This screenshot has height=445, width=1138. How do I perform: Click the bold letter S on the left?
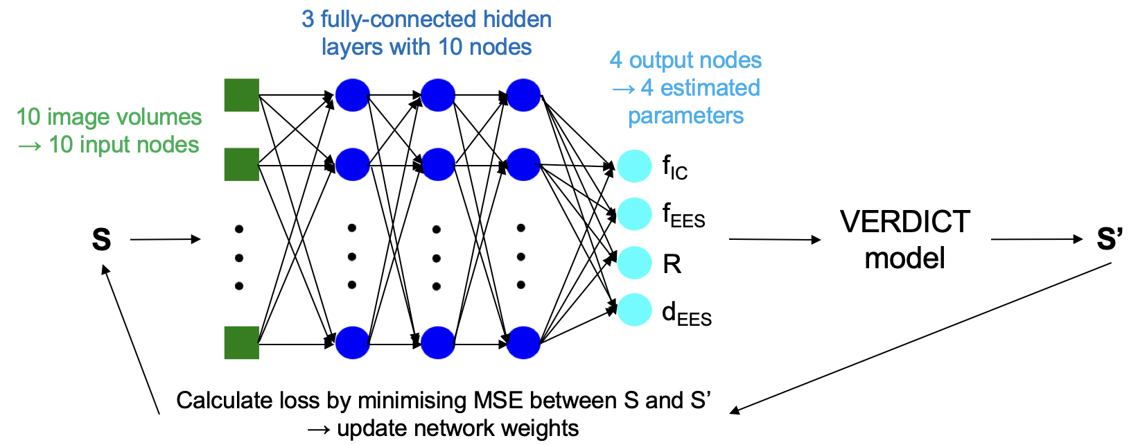(x=101, y=239)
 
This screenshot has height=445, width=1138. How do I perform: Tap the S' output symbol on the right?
(x=1109, y=239)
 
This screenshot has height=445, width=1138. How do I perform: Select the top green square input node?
(x=242, y=95)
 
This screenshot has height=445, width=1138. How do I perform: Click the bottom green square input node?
(x=242, y=342)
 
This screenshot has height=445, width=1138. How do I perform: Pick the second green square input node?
(x=242, y=164)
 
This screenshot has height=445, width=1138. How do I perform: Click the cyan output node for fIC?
(x=634, y=166)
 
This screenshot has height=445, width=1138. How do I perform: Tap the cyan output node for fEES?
(x=634, y=214)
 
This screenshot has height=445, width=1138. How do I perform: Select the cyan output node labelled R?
(x=634, y=263)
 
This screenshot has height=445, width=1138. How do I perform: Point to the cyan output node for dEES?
(x=634, y=310)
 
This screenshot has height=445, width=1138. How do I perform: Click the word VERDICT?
(x=905, y=222)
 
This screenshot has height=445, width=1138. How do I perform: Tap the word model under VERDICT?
(x=905, y=259)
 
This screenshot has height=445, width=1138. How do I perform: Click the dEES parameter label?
(x=686, y=314)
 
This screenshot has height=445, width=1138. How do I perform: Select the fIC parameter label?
(x=674, y=168)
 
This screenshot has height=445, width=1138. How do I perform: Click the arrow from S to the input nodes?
(x=165, y=240)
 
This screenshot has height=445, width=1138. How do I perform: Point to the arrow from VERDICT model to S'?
(x=1036, y=240)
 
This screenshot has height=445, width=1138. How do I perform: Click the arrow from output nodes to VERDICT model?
(x=774, y=240)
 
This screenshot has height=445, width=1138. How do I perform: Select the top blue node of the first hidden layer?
(x=352, y=95)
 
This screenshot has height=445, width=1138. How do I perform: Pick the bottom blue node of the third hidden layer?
(x=523, y=342)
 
